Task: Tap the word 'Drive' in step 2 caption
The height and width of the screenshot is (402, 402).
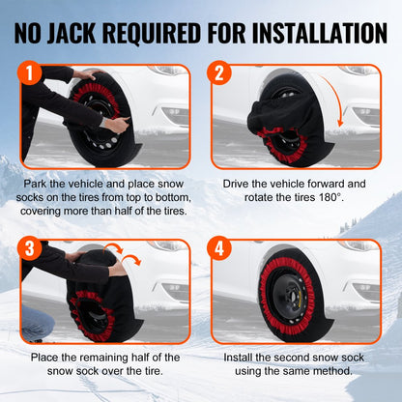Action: click(x=240, y=183)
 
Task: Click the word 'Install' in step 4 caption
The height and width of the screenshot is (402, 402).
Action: click(x=243, y=358)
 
